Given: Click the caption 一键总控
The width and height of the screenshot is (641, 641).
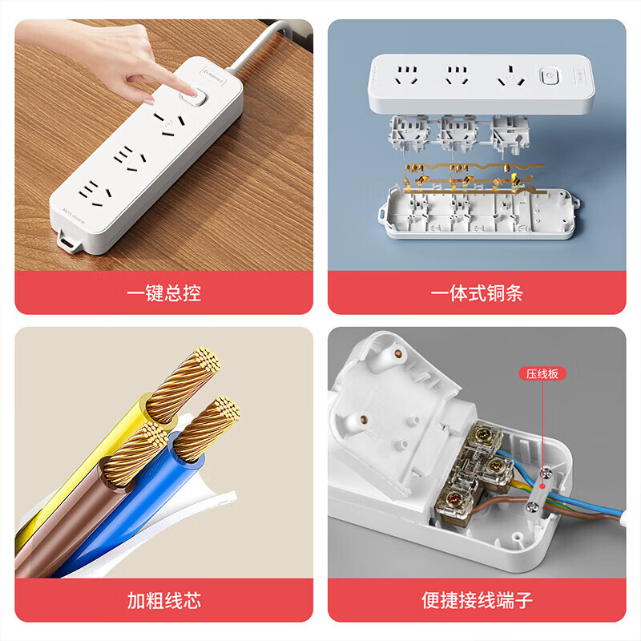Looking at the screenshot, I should pos(163,293).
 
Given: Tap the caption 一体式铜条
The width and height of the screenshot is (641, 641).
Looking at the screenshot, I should pos(477,293).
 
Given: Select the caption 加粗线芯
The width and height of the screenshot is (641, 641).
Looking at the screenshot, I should pos(163,600).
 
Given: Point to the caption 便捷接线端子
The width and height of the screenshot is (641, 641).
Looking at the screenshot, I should pos(477,600).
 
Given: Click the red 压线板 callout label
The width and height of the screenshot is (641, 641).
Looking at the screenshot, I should pos(542,373).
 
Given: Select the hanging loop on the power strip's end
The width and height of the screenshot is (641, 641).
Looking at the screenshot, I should pos(70,239).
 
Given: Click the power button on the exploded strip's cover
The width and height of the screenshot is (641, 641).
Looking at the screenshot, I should pos(550,79).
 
